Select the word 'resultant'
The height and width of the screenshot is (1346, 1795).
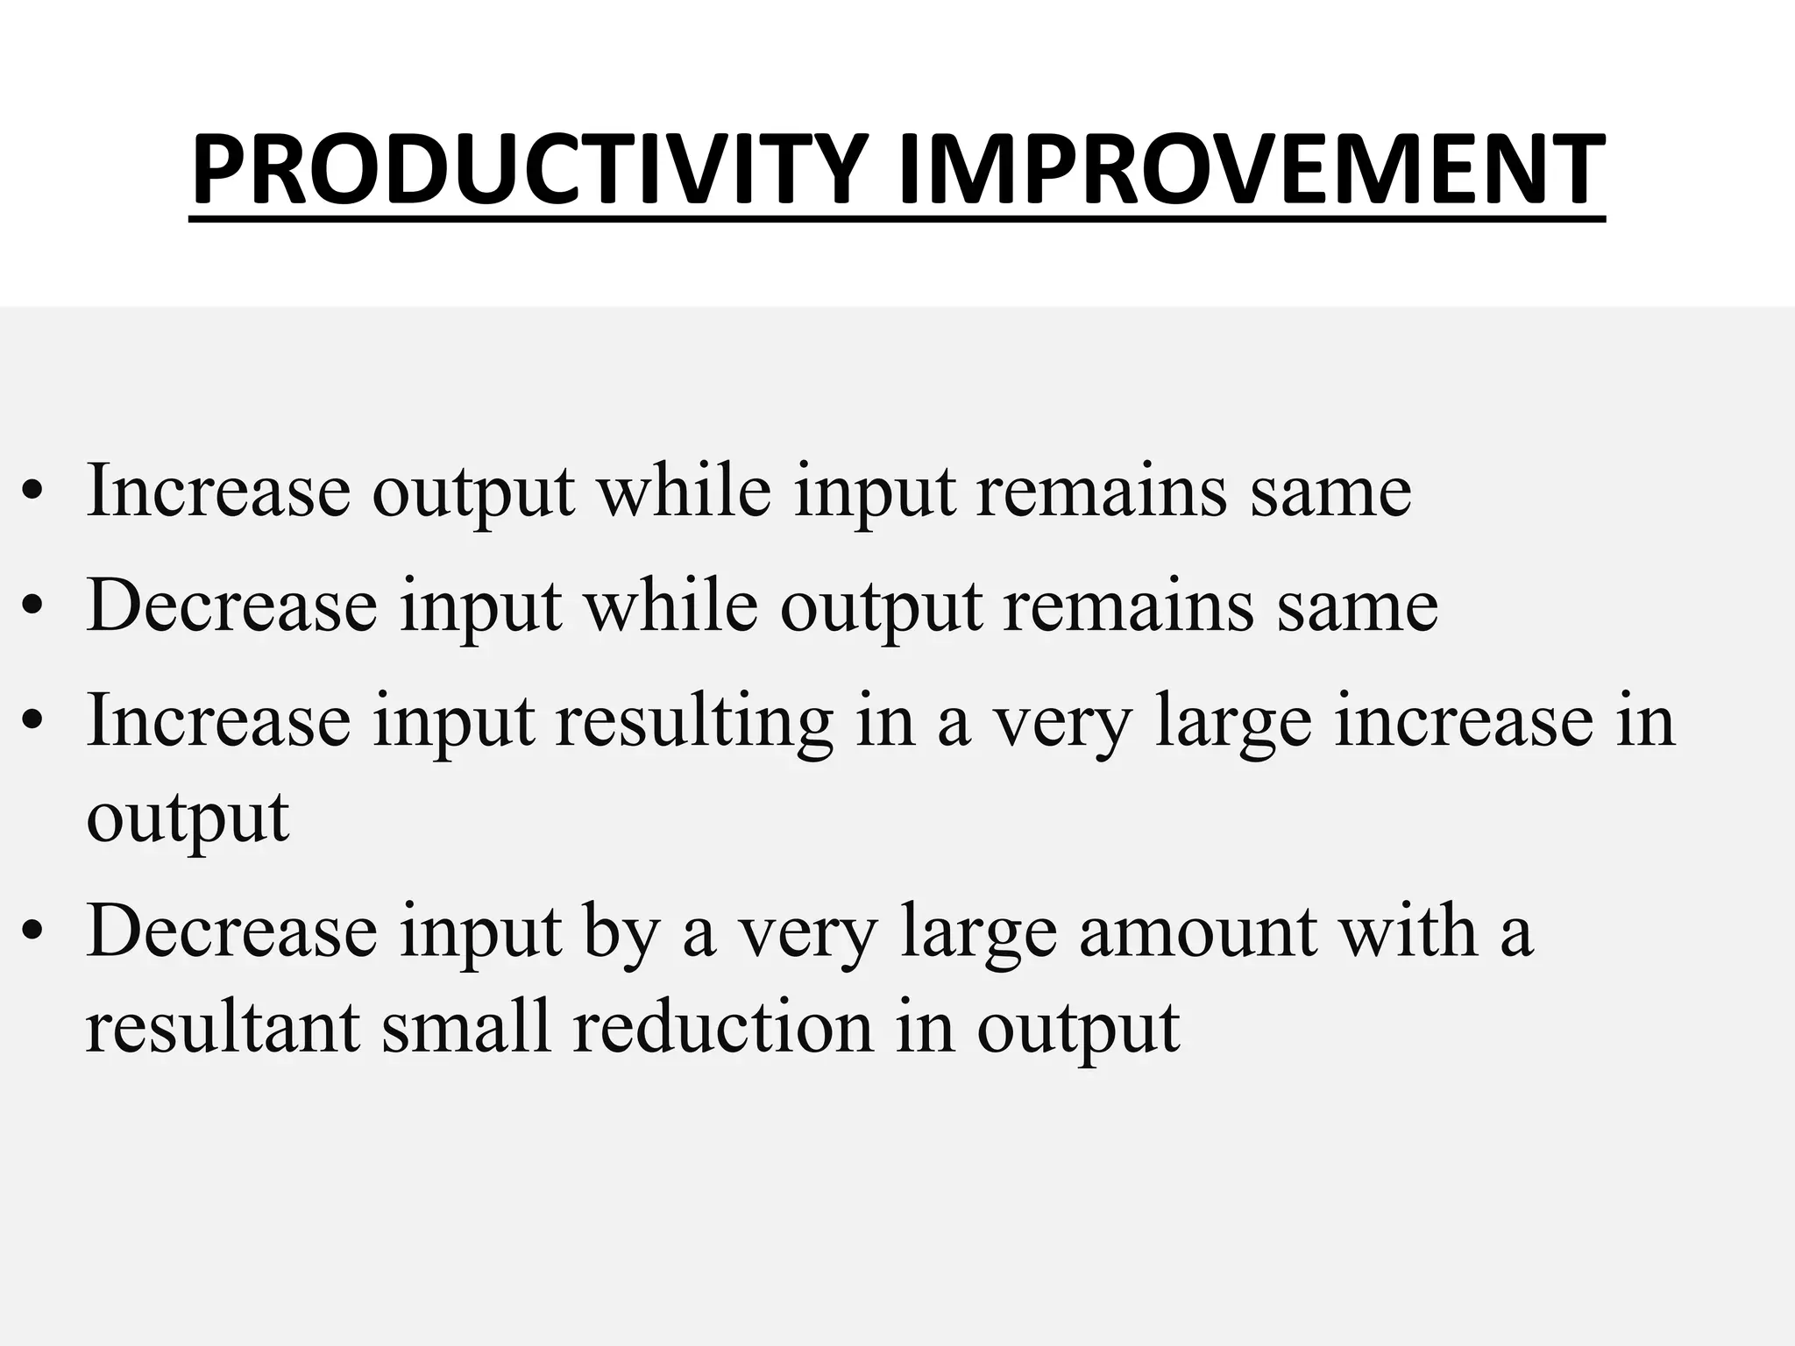[x=223, y=1027]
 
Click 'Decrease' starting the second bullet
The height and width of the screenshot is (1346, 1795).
[x=232, y=606]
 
